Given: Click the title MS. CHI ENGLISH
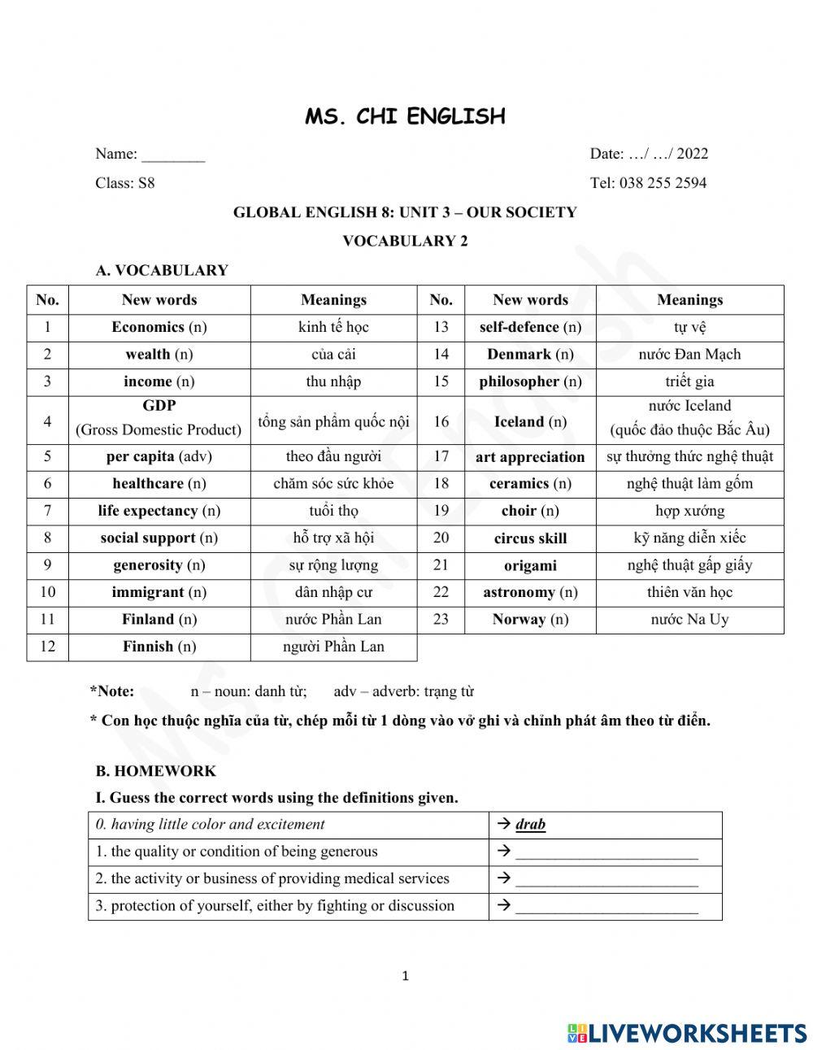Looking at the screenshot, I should (405, 116).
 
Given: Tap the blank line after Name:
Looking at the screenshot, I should (173, 155).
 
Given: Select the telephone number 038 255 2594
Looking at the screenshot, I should (663, 183).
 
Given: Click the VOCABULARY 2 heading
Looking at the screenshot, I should (405, 241).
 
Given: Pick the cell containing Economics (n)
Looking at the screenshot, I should (159, 327).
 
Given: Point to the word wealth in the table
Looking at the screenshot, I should (147, 354).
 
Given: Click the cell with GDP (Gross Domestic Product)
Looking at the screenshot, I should (159, 418).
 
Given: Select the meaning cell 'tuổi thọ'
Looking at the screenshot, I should (333, 511).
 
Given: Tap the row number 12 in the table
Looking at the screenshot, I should (47, 647).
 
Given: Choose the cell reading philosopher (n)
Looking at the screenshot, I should (530, 381).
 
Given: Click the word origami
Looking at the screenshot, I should (530, 565).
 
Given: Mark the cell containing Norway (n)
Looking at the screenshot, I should (530, 619).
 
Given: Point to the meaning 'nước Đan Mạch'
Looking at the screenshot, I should (689, 354).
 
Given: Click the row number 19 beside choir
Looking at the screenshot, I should (441, 511).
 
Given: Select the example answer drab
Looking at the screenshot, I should (530, 825).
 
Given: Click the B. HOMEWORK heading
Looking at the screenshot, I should (156, 771).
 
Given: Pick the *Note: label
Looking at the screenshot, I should (112, 691).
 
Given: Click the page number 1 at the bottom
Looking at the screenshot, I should (406, 976).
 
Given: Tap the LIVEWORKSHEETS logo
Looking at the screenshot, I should (687, 1032).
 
